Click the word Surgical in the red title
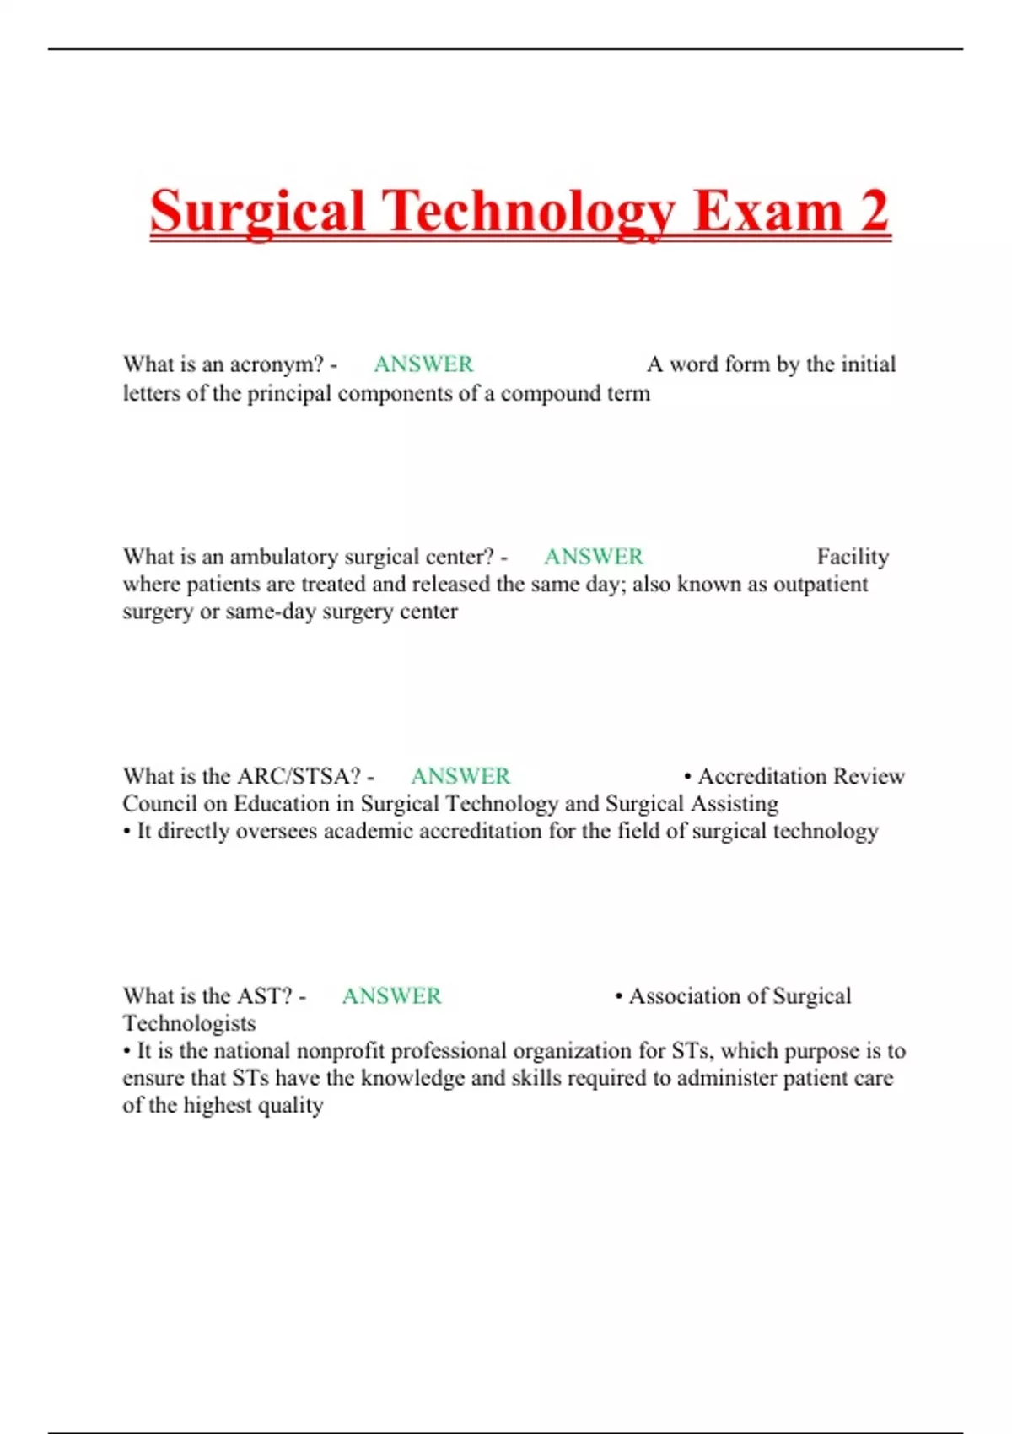[x=257, y=211]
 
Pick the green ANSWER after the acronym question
[x=423, y=364]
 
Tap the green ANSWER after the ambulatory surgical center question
[x=594, y=557]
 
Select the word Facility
[x=853, y=557]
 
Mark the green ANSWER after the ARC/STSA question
[x=460, y=776]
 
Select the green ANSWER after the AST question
[x=391, y=996]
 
